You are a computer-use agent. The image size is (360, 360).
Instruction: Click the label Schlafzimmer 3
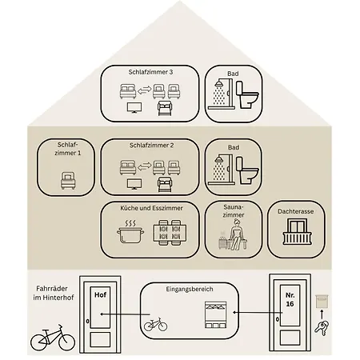tap(150, 72)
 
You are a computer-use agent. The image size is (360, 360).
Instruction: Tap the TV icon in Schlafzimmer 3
tap(134, 108)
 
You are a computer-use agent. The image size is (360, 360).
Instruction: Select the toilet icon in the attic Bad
tap(248, 94)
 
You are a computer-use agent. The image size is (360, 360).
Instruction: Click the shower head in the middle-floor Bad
tap(219, 160)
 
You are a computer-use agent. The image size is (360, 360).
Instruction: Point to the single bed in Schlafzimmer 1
tap(68, 181)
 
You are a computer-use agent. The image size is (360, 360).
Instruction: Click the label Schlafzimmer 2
tap(152, 146)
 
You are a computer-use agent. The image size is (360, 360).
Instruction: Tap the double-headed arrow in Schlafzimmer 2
tap(145, 168)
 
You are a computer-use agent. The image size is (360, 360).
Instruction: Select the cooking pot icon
tap(130, 231)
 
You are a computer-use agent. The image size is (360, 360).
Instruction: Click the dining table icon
tap(170, 233)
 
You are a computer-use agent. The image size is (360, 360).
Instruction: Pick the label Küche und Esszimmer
tap(151, 208)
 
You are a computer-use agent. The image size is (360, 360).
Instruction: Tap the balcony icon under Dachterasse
tap(297, 231)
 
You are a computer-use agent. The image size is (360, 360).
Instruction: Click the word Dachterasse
tap(296, 211)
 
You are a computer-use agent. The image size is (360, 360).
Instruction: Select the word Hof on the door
tap(100, 294)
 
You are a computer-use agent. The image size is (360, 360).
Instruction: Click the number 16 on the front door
tap(290, 304)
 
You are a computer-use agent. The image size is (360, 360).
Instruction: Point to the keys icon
tap(322, 328)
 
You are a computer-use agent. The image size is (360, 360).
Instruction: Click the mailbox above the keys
tap(322, 302)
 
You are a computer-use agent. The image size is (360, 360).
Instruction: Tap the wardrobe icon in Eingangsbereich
tap(215, 315)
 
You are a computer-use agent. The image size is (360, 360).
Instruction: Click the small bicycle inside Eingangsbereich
tap(156, 324)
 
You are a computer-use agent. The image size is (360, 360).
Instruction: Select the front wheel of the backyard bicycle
tap(66, 342)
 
